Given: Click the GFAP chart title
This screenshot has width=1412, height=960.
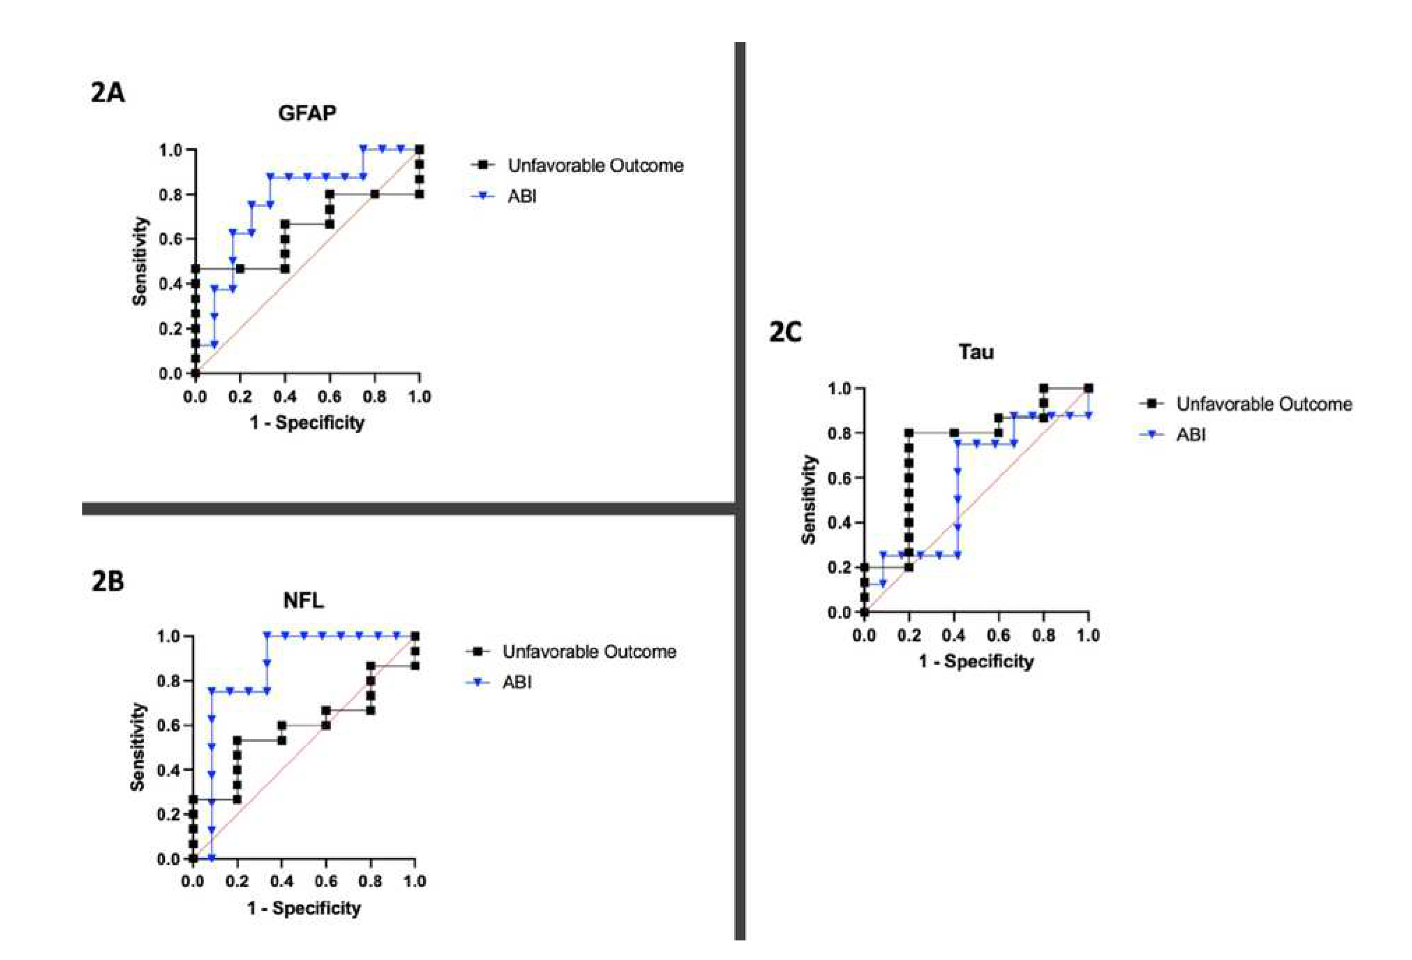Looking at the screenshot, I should point(307,113).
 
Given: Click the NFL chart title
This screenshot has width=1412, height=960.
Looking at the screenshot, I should point(303,600).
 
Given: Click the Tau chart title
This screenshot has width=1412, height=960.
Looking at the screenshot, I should point(976,352).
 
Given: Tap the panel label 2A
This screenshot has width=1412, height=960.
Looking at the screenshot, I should point(107,93).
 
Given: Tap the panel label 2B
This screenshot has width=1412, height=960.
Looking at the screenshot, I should point(107,581).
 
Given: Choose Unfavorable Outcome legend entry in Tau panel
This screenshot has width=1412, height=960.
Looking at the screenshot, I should point(1264,404).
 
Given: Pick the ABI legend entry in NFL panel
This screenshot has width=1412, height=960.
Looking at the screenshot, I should point(517,682).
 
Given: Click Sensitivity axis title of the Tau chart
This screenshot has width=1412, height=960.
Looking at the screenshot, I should point(809,500).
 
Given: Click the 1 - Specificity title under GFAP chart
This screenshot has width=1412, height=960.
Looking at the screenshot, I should point(307,423).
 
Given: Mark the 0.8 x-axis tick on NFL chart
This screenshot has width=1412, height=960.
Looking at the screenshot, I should point(370,881).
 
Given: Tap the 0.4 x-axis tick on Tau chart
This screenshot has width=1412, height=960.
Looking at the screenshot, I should point(953,636).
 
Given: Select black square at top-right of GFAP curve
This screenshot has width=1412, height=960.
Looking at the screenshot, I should point(419,149).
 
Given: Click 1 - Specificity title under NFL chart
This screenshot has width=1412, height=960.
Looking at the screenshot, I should point(304,908).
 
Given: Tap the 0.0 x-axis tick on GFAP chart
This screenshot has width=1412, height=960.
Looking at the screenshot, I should point(195,397).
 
